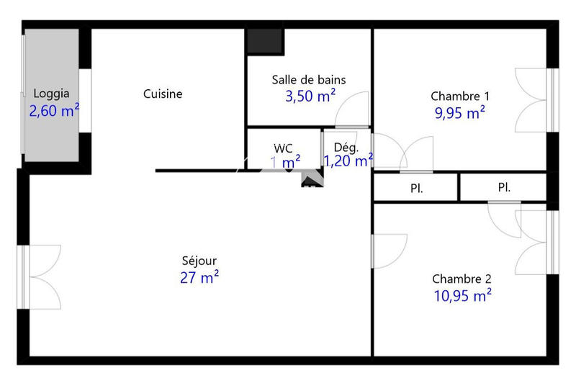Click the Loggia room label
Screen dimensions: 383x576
[52, 93]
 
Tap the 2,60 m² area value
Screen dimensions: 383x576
[53, 111]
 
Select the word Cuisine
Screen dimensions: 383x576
[163, 94]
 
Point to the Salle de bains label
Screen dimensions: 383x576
[309, 79]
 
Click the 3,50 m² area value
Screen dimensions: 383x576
[310, 97]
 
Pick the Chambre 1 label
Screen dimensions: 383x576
[460, 96]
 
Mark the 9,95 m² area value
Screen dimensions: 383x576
[459, 113]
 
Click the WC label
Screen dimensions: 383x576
[284, 148]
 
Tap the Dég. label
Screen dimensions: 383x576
[346, 148]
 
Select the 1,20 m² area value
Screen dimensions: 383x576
[348, 161]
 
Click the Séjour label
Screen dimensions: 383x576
[199, 261]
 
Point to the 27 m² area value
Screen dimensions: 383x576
[199, 278]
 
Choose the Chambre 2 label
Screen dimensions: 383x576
[462, 279]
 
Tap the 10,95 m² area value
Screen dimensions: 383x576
[462, 295]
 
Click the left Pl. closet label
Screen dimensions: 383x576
[416, 189]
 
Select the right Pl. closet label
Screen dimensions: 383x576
[504, 188]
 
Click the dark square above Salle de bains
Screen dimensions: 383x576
[263, 41]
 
